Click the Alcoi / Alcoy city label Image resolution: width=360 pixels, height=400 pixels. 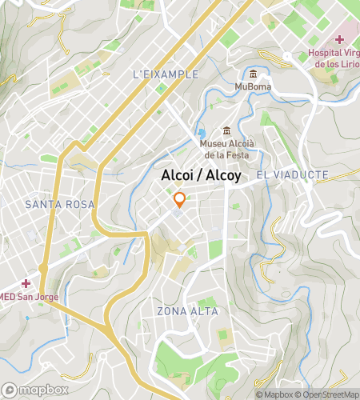pos(201,175)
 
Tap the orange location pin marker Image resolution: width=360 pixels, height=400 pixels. pos(180,199)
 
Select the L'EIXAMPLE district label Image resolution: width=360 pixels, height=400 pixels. pos(165,74)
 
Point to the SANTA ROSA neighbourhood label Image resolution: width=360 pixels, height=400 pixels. pos(60,205)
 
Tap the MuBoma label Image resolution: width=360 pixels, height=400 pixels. pos(252,86)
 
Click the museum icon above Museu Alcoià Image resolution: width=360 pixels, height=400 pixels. pos(227,131)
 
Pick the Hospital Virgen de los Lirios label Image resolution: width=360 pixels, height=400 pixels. pos(334,58)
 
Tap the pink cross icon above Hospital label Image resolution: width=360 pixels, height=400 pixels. pos(339,39)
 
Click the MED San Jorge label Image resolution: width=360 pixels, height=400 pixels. pos(29,298)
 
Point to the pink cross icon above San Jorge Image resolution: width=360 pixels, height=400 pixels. pos(26,284)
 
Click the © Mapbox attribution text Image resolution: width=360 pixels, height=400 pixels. pos(274,394)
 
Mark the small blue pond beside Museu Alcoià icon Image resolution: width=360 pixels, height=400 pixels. pos(202,133)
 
